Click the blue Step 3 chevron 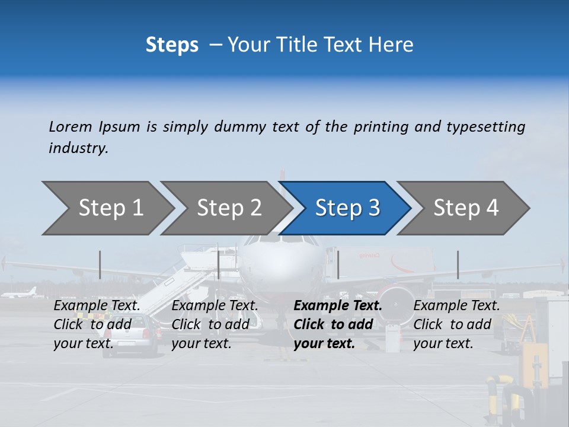(x=347, y=208)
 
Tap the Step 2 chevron (x=229, y=208)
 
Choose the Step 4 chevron (x=466, y=208)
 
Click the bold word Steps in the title (x=172, y=45)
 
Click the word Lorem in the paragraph (x=71, y=126)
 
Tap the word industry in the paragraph (x=78, y=148)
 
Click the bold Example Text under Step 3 (x=338, y=305)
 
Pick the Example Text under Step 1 (x=97, y=305)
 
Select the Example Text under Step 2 (x=215, y=305)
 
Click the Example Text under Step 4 (x=456, y=305)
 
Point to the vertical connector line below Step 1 (x=100, y=265)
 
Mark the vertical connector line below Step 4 (x=458, y=265)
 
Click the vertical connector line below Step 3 (x=338, y=265)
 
